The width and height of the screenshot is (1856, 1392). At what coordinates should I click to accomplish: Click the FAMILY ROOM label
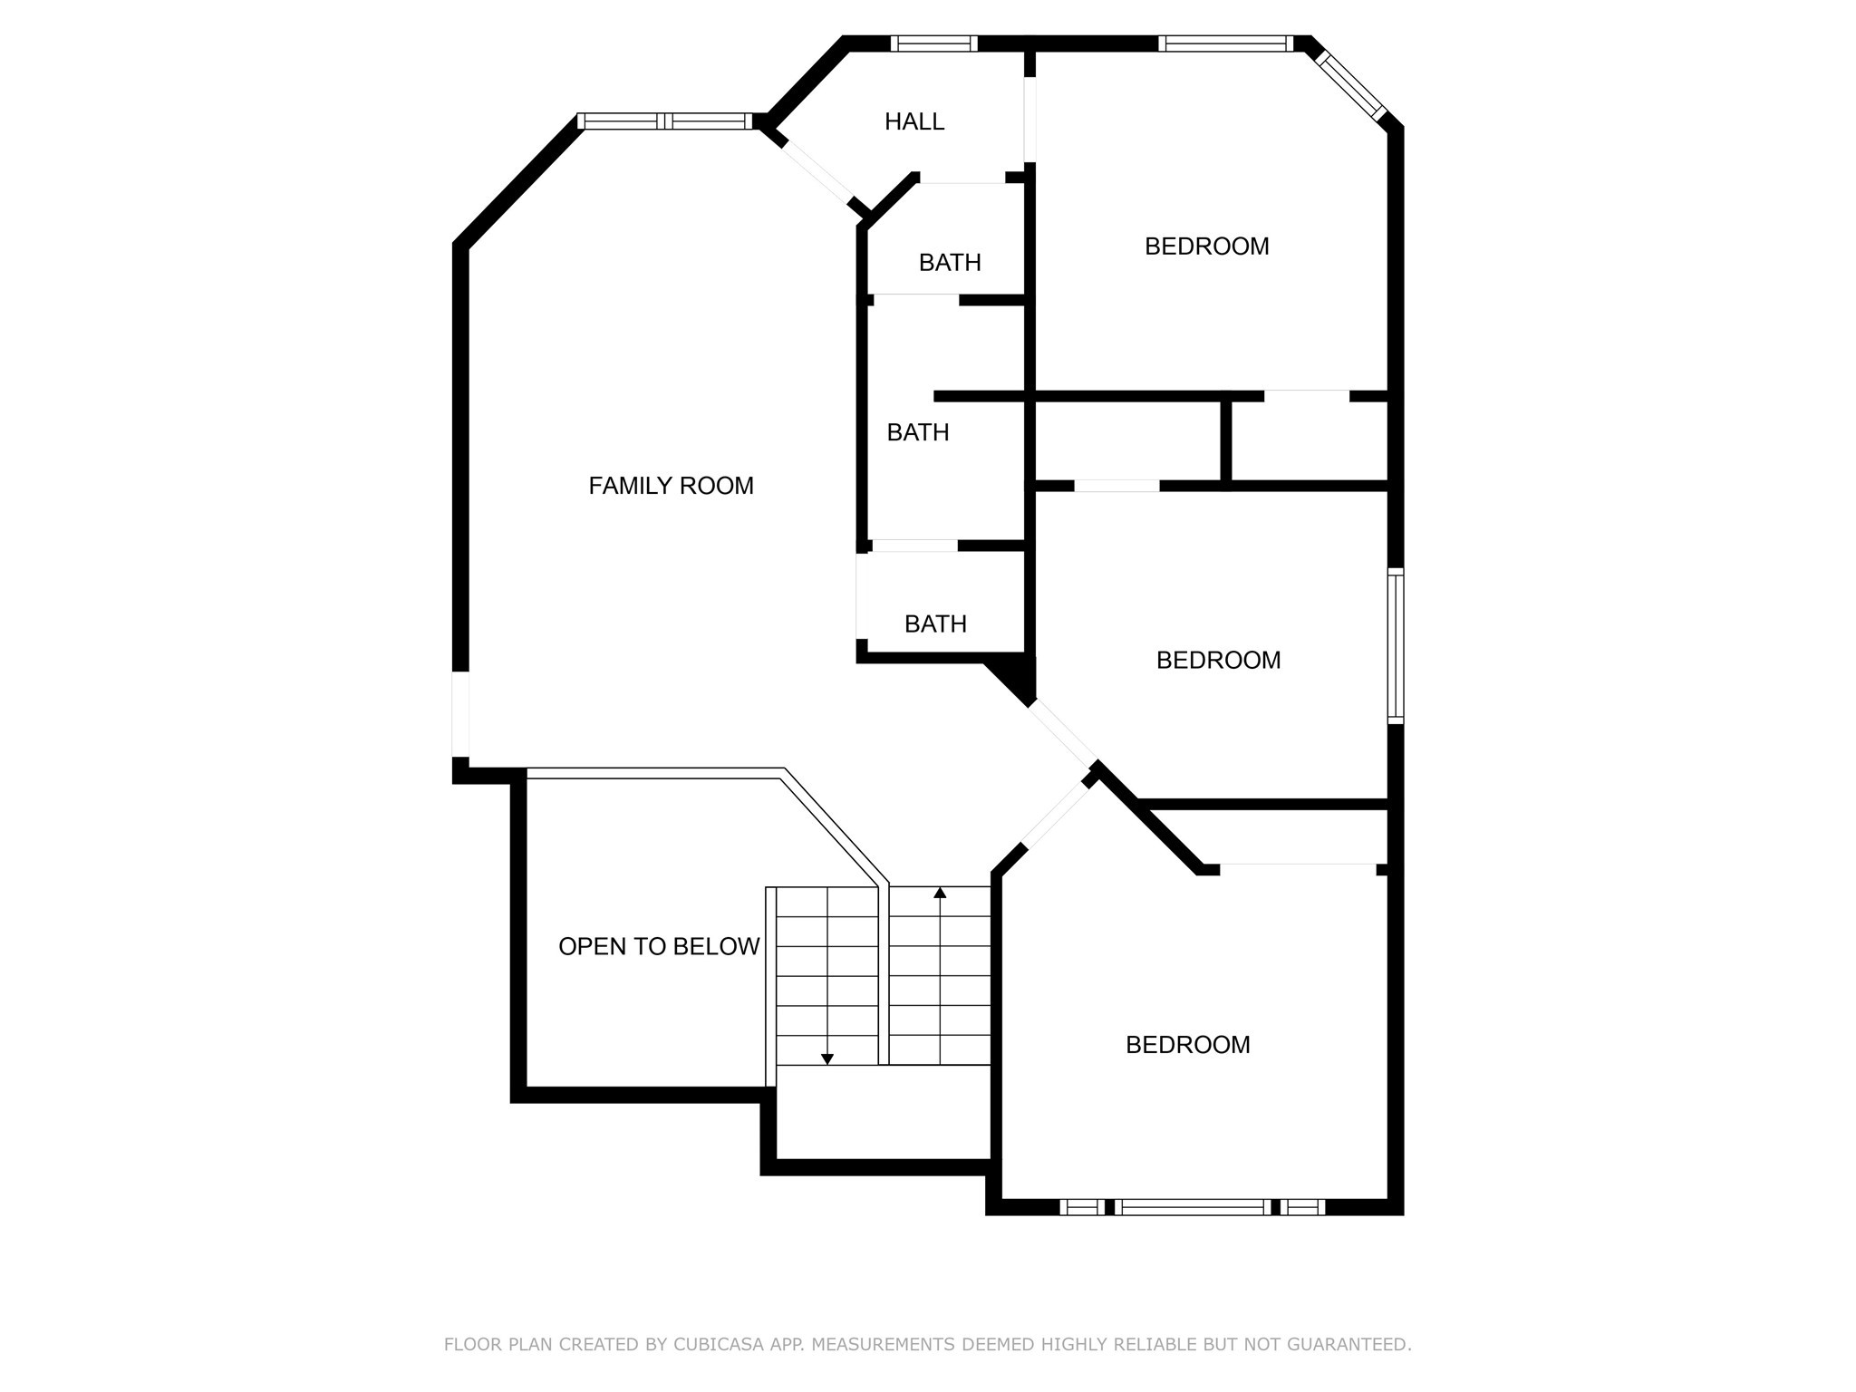pos(671,486)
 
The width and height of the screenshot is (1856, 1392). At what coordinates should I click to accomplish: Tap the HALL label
pos(914,121)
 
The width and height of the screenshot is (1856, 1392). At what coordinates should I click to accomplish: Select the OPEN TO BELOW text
pos(659,946)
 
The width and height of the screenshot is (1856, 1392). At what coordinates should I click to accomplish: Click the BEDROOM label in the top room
pos(1206,246)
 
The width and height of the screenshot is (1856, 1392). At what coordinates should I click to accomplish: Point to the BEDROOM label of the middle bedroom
pos(1218,660)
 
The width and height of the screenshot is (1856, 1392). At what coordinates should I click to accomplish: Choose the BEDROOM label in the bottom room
pos(1187,1045)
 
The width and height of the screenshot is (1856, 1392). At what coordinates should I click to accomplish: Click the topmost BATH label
pos(950,263)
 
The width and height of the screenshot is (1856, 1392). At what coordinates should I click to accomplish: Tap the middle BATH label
pos(917,432)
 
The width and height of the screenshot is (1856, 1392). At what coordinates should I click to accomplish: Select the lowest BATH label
pos(935,623)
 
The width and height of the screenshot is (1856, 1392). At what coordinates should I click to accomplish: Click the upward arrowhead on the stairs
pos(940,894)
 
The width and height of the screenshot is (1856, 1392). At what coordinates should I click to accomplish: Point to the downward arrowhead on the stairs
pos(826,1058)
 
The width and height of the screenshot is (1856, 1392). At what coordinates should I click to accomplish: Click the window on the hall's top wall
pos(933,43)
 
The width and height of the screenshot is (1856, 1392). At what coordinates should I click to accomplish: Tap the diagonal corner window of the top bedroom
pos(1350,86)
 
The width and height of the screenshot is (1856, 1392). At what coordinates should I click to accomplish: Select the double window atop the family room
pos(666,121)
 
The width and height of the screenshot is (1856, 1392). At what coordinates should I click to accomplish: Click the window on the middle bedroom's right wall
pos(1396,645)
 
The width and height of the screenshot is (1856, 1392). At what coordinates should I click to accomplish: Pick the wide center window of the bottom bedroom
pos(1192,1206)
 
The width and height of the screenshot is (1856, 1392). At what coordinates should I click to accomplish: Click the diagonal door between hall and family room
pos(817,172)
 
